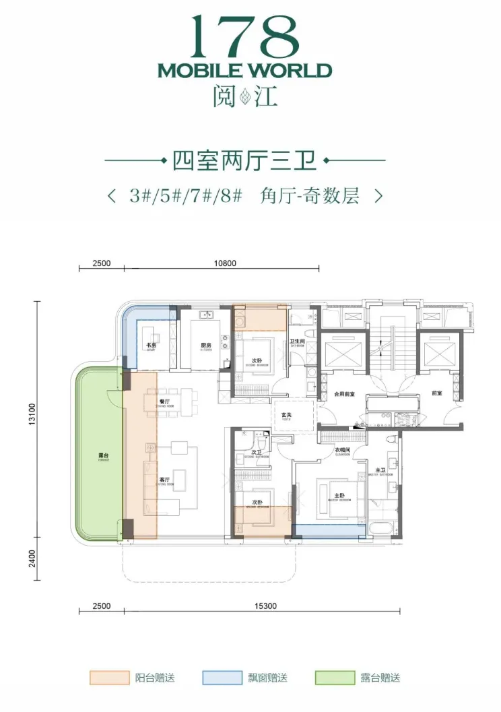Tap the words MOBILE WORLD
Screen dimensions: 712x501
[x=244, y=71]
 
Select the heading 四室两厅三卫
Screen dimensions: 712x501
[x=244, y=161]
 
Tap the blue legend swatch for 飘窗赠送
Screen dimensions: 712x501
[x=221, y=678]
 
